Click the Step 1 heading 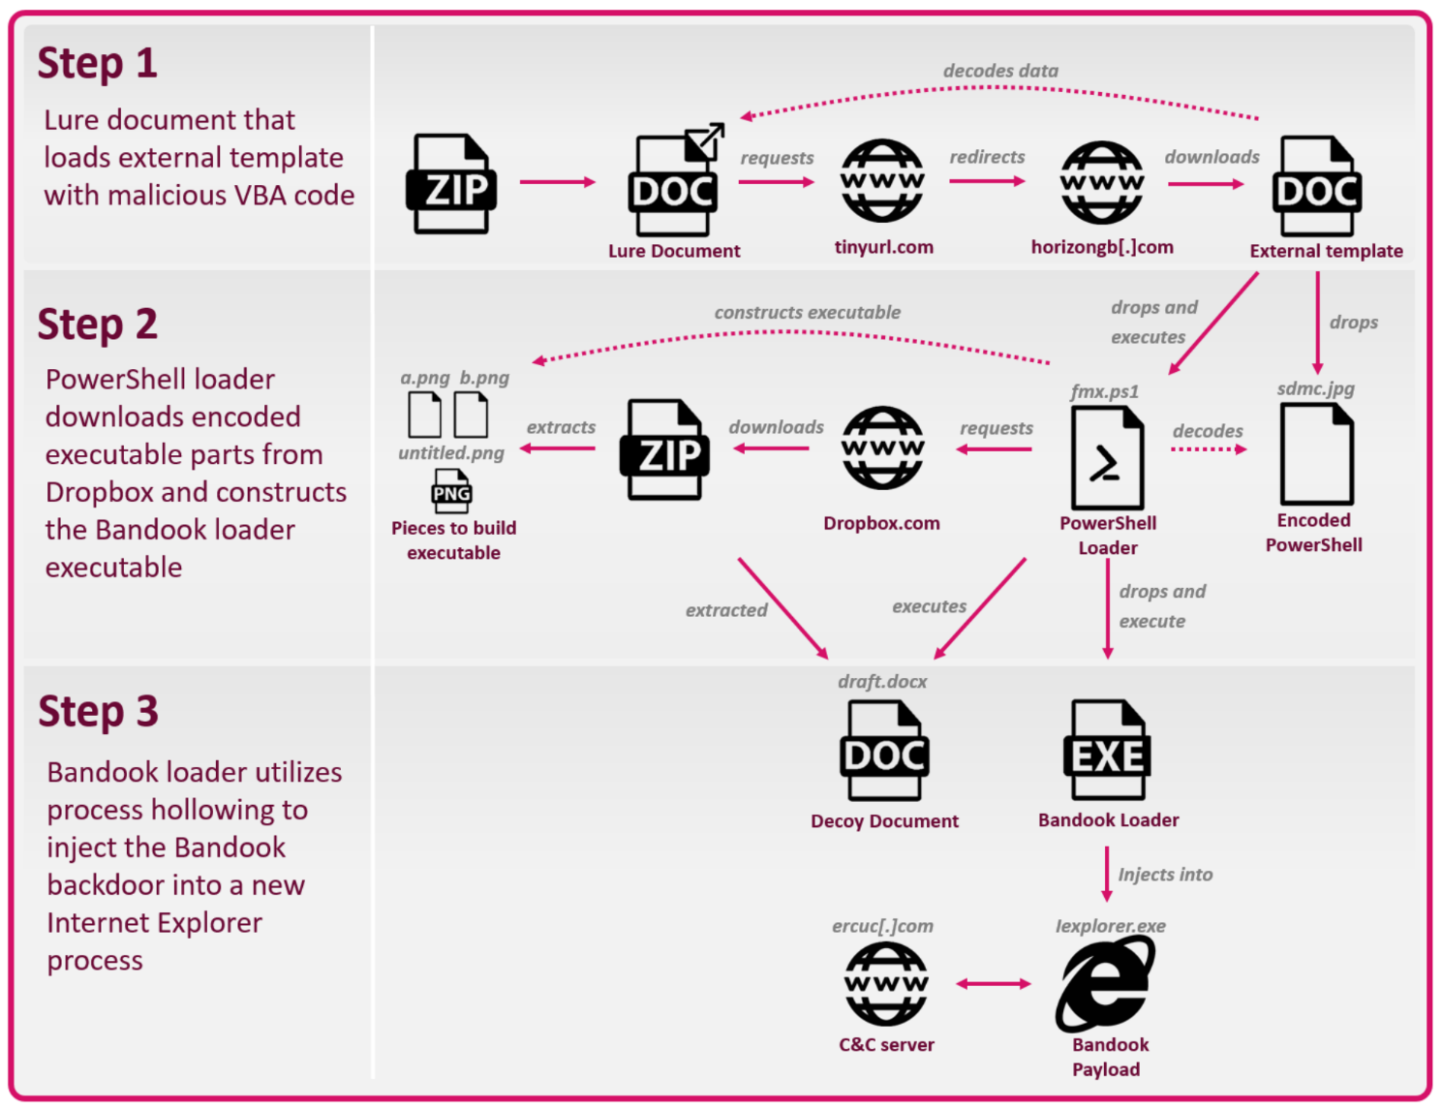tap(97, 64)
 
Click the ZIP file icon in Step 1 tap(451, 184)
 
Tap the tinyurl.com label tap(883, 247)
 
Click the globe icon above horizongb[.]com tap(1102, 182)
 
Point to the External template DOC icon tap(1317, 186)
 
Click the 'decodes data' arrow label tap(1000, 71)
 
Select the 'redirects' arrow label tap(987, 157)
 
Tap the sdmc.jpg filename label tap(1315, 388)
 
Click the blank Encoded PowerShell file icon tap(1316, 453)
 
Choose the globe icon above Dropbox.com tap(882, 448)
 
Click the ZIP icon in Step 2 tap(664, 449)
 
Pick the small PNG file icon tap(451, 491)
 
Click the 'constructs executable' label tap(807, 312)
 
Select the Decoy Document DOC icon tap(884, 751)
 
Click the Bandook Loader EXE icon tap(1108, 751)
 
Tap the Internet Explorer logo tap(1105, 984)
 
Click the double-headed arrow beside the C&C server tap(994, 984)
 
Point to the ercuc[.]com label tap(882, 926)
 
